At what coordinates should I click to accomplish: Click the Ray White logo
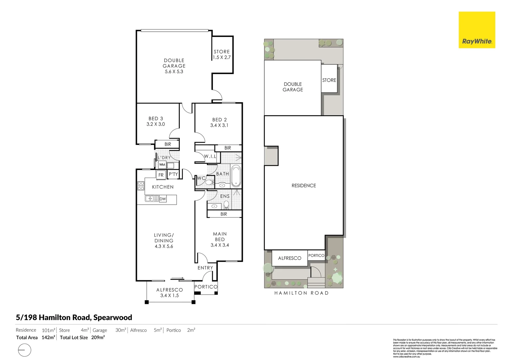[x=477, y=30]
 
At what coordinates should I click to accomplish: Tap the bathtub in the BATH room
[x=236, y=176]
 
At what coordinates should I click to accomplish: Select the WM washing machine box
[x=162, y=165]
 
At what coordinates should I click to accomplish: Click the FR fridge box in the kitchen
[x=161, y=175]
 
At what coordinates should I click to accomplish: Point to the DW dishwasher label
[x=163, y=199]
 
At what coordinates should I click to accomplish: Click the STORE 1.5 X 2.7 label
[x=222, y=54]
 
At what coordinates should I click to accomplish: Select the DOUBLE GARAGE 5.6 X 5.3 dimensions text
[x=174, y=71]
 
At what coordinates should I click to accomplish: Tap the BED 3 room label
[x=156, y=119]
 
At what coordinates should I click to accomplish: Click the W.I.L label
[x=210, y=156]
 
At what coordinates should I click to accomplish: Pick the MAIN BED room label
[x=220, y=237]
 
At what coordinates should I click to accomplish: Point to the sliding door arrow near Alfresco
[x=177, y=278]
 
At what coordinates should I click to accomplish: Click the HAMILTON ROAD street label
[x=301, y=293]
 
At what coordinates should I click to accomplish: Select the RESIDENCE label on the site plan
[x=303, y=186]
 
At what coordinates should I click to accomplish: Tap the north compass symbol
[x=24, y=350]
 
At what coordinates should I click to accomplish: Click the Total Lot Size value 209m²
[x=98, y=337]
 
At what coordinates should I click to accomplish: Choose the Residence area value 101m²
[x=49, y=330]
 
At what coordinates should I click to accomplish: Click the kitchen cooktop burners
[x=141, y=186]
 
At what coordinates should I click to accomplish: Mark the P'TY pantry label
[x=173, y=174]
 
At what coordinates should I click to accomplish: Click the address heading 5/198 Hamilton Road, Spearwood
[x=74, y=317]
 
